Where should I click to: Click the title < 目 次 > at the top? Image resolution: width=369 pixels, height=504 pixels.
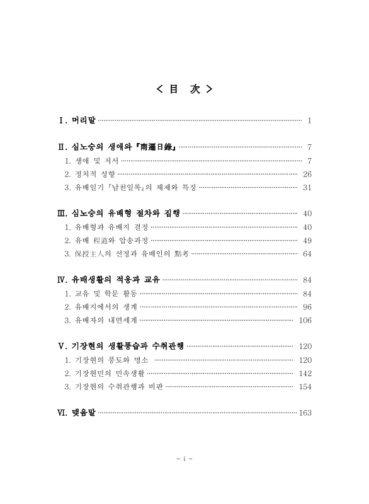tap(184, 89)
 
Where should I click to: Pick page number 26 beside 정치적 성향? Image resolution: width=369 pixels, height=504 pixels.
tap(307, 174)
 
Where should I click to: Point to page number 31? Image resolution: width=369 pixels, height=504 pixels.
tap(307, 187)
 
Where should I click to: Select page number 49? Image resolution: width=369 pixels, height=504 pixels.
tap(307, 241)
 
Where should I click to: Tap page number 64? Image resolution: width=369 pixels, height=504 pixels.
tap(307, 254)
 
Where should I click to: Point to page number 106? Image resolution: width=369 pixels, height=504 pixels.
tap(305, 320)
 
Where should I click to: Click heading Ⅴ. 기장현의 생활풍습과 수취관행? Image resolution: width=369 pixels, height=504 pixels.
tap(122, 346)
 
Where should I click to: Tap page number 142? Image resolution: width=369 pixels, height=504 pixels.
tap(305, 374)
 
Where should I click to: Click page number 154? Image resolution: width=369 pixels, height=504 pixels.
tap(305, 387)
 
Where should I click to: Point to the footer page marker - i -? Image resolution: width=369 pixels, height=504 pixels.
tap(184, 458)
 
